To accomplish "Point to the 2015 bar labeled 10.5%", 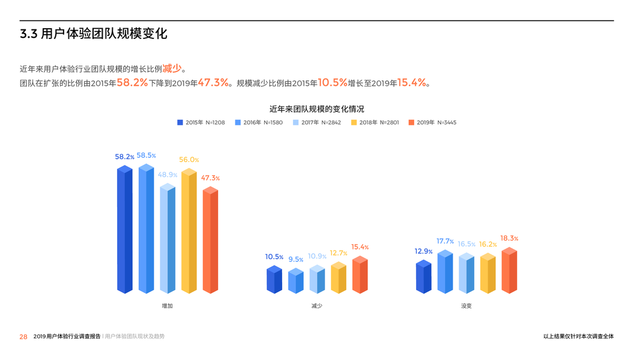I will coord(274,280).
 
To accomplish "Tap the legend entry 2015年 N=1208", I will coord(201,122).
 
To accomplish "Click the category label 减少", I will coord(316,306).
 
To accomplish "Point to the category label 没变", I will coord(466,306).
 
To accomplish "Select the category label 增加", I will coord(168,306).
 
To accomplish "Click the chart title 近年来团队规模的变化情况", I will coord(316,109).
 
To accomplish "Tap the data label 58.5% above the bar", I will coord(146,155).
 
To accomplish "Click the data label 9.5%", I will coord(295,259).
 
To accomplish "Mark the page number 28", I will coord(23,337).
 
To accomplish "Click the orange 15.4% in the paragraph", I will coord(412,83).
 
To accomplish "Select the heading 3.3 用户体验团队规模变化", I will coord(94,34).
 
